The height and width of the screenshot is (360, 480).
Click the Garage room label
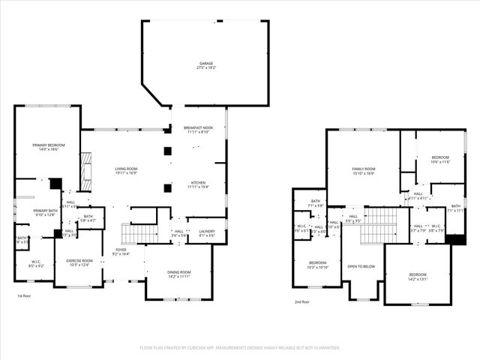click(x=205, y=65)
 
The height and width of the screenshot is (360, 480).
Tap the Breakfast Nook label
click(x=199, y=130)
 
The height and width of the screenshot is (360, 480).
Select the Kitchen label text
click(x=198, y=184)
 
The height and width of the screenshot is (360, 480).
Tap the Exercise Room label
click(x=78, y=262)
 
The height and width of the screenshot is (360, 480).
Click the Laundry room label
click(x=206, y=234)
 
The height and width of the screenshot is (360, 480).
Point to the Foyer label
click(x=121, y=252)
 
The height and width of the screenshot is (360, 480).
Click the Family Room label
click(x=364, y=171)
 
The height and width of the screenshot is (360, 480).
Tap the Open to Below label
click(x=361, y=266)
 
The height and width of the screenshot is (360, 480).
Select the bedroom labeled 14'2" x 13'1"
click(x=417, y=277)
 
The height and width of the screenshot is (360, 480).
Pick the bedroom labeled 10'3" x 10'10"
click(x=316, y=265)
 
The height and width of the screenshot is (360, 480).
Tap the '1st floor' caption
click(x=25, y=295)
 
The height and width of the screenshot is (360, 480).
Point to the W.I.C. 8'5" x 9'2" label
click(x=35, y=264)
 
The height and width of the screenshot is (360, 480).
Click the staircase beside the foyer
click(x=139, y=234)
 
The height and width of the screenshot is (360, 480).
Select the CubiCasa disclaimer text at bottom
click(x=240, y=348)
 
